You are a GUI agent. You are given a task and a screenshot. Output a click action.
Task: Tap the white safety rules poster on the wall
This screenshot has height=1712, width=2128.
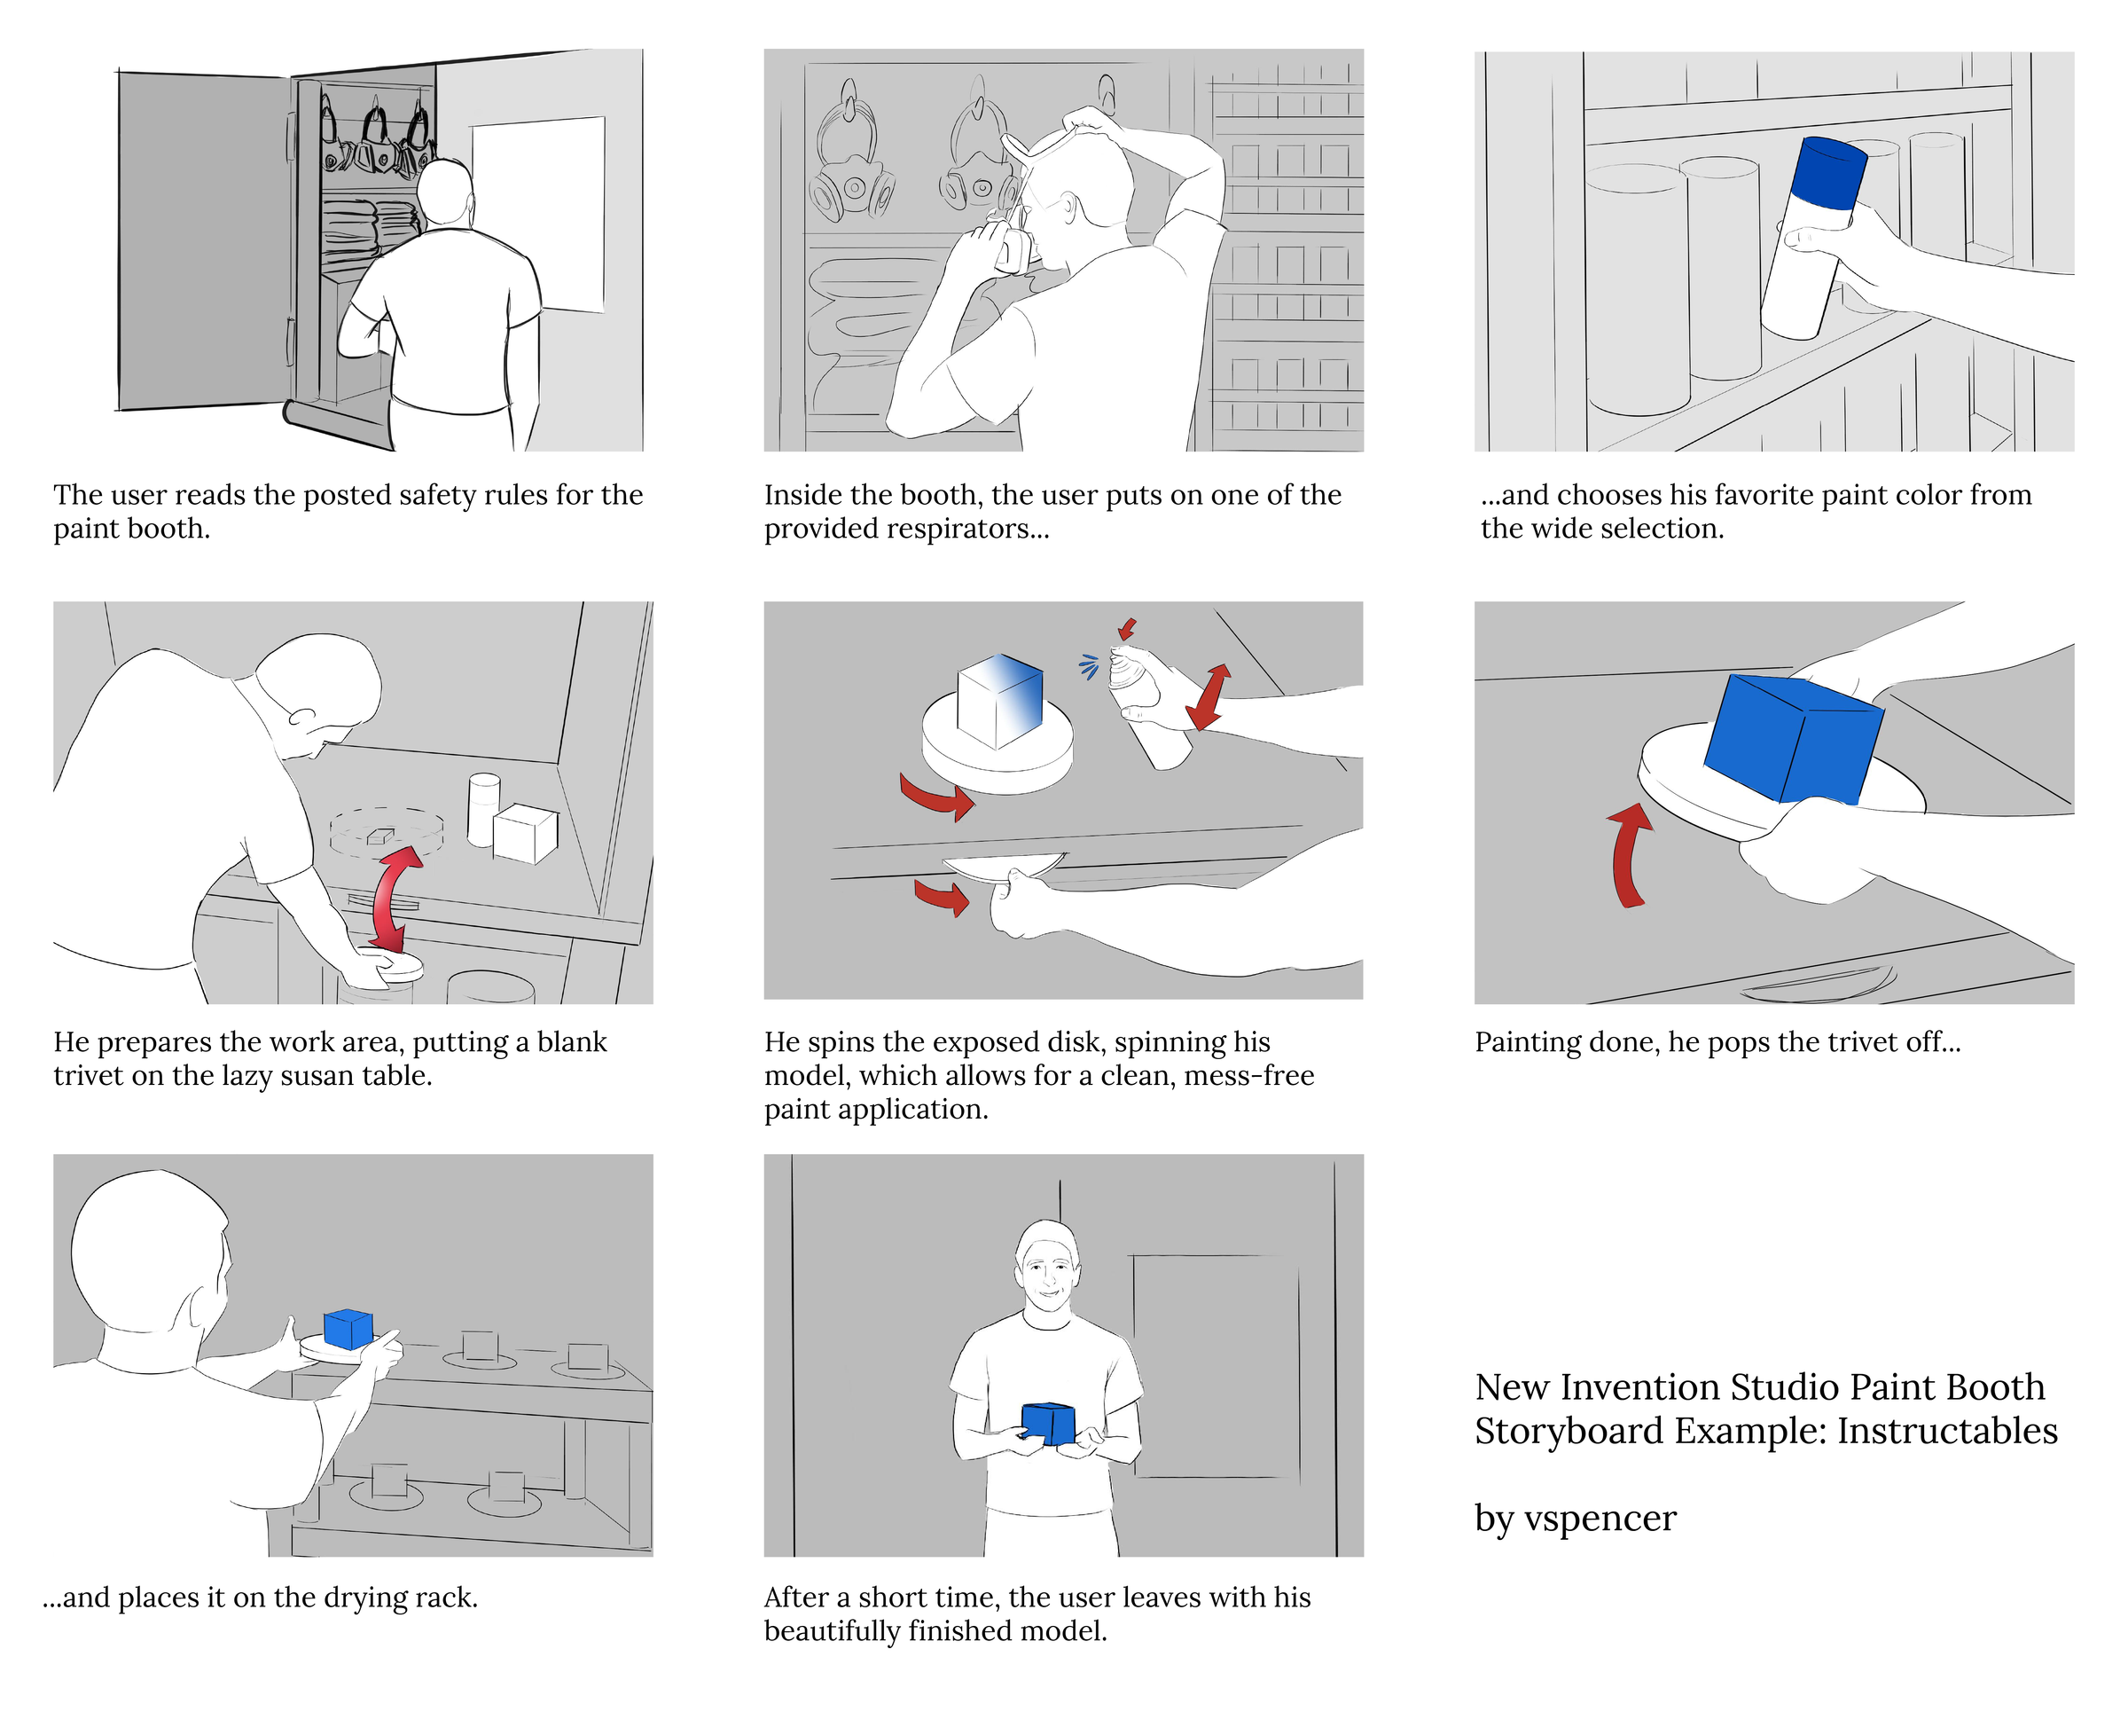click(539, 212)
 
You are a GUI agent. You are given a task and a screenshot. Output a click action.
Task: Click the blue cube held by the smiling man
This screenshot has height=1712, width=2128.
click(1047, 1423)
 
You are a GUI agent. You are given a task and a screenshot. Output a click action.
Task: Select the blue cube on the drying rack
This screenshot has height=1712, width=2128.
click(348, 1328)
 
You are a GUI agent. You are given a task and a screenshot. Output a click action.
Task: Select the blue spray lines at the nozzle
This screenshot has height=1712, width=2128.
click(1089, 666)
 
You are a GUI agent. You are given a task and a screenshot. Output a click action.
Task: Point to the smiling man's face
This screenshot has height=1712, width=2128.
click(1046, 1274)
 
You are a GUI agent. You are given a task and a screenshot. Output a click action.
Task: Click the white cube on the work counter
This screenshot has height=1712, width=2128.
click(524, 833)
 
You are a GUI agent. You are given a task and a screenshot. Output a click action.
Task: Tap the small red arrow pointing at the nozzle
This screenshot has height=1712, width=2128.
click(1127, 628)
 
